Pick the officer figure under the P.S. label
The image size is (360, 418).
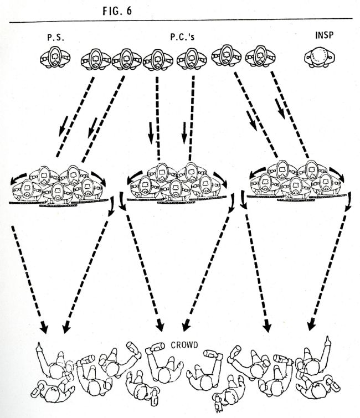click(x=55, y=59)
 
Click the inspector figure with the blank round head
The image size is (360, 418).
click(x=320, y=58)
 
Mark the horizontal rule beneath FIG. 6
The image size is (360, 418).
click(x=180, y=21)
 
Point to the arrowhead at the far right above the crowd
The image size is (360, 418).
click(x=312, y=326)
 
